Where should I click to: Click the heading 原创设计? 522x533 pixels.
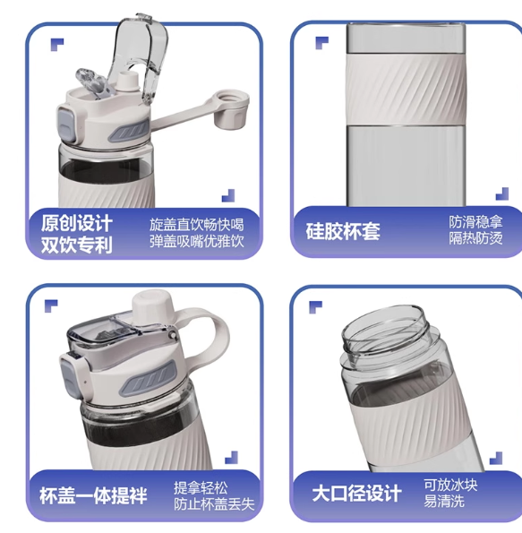77,223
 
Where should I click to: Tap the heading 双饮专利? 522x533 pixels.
77,245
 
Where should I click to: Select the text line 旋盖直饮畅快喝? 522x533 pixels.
197,225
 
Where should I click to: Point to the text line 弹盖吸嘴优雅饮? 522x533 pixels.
197,241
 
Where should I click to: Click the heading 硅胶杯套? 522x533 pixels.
343,231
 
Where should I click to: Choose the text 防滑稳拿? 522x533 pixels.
475,222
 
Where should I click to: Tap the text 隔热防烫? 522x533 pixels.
475,238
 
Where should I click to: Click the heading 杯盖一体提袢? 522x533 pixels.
93,495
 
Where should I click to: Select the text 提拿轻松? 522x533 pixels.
201,488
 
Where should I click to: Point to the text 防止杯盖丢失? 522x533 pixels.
214,504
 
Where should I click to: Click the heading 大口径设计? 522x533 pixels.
357,494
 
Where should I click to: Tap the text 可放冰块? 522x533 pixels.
450,485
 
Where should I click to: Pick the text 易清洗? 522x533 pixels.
444,501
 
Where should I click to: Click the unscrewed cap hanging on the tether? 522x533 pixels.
231,108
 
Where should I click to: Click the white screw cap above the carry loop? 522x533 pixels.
154,306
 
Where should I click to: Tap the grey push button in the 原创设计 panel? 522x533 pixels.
65,125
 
